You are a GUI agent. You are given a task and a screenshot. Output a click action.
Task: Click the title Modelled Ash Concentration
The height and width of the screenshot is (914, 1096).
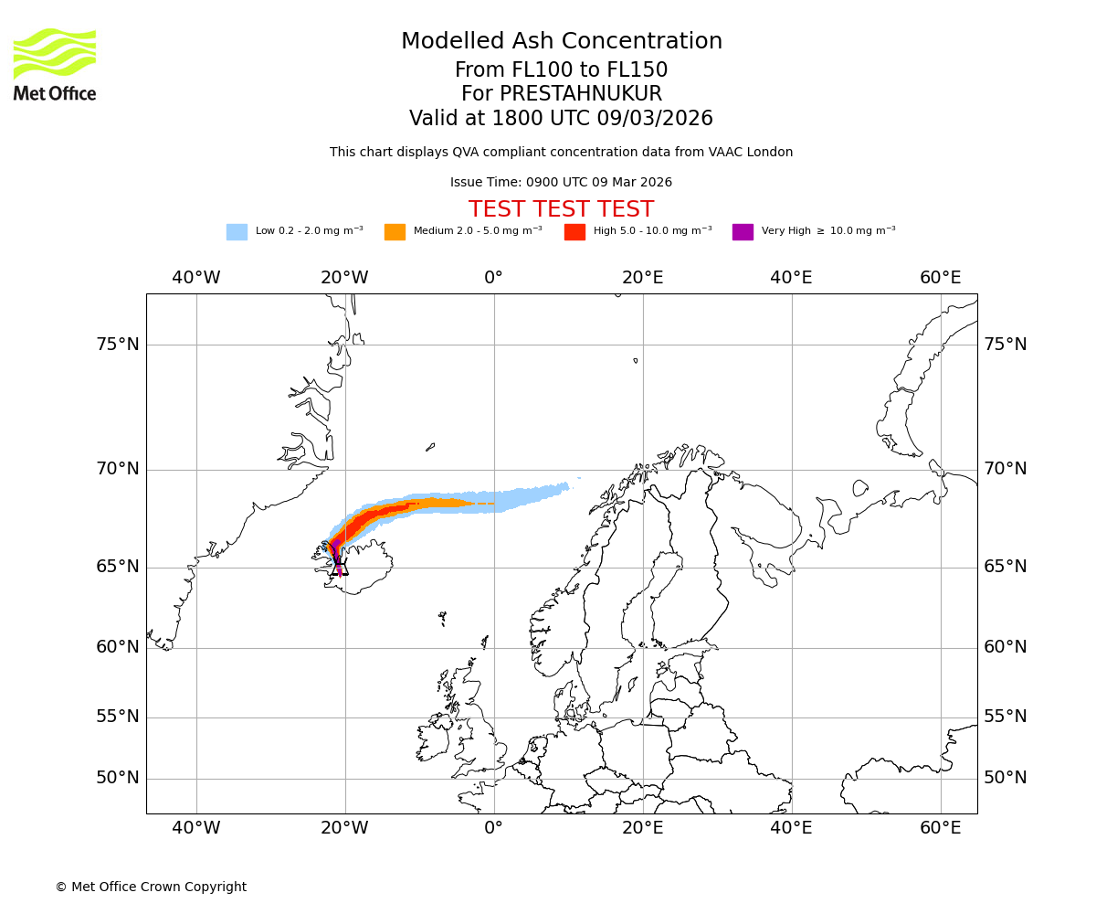coord(561,41)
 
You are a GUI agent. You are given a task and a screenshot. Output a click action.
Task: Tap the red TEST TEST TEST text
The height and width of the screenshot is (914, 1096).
coord(561,209)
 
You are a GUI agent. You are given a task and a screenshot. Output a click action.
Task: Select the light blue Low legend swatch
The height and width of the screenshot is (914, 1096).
coord(237,231)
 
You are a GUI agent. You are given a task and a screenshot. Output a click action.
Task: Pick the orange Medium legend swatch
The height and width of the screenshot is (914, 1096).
coord(395,231)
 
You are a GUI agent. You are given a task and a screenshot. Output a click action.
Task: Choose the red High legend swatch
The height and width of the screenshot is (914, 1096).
coord(574,231)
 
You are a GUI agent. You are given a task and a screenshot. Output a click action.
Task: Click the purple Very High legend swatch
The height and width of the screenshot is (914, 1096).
coord(743,231)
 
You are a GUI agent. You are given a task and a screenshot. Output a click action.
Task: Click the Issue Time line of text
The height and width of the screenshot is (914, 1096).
coord(561,183)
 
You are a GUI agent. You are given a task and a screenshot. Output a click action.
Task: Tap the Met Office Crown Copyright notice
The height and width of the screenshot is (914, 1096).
coord(151,887)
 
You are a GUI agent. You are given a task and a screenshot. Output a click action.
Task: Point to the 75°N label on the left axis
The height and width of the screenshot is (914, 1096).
coord(118,345)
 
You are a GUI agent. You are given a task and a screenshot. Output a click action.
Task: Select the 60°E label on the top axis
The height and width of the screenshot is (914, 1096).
coord(940,278)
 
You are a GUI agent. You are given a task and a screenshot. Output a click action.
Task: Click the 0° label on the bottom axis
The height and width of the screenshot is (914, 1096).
coord(493,828)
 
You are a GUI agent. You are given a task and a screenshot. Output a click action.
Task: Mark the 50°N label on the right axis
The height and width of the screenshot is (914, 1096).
coord(1005,778)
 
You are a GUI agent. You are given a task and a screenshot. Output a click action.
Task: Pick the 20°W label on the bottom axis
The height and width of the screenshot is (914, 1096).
coord(344,828)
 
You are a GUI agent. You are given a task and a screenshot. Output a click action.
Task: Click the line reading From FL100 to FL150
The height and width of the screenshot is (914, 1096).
coord(561,70)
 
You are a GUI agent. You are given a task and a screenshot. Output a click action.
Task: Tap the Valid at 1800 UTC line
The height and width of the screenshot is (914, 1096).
coord(561,119)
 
